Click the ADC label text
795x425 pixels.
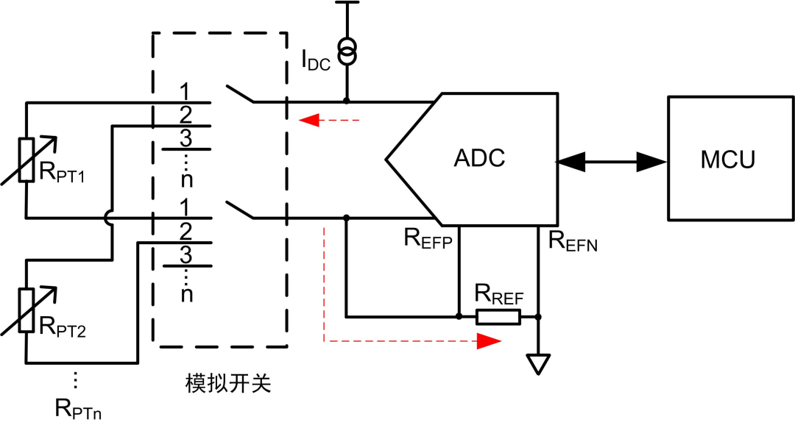pyautogui.click(x=479, y=158)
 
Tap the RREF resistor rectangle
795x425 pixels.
pyautogui.click(x=498, y=317)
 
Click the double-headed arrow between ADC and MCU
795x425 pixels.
pyautogui.click(x=612, y=161)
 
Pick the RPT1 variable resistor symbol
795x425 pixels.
pyautogui.click(x=26, y=160)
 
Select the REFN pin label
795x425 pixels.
pyautogui.click(x=568, y=240)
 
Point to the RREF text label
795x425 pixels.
pyautogui.click(x=498, y=297)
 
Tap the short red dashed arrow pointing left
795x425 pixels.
pyautogui.click(x=328, y=119)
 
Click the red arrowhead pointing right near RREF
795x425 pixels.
pyautogui.click(x=488, y=341)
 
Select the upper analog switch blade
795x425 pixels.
pyautogui.click(x=240, y=94)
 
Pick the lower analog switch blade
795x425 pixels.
pyautogui.click(x=240, y=210)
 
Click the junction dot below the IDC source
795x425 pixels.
pyautogui.click(x=346, y=101)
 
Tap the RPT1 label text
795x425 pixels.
pyautogui.click(x=63, y=177)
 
